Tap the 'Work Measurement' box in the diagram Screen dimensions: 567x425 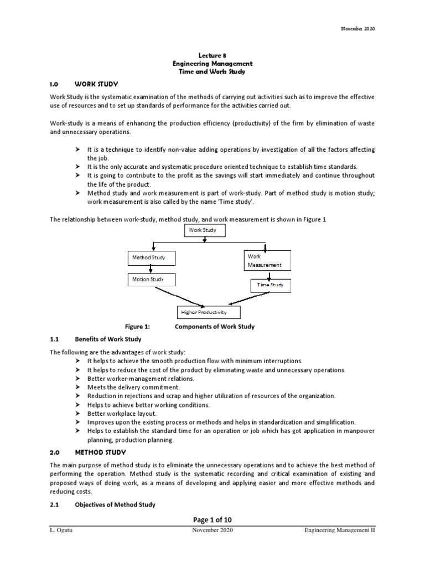266,260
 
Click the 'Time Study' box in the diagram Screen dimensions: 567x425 270,285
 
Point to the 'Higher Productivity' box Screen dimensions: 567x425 201,312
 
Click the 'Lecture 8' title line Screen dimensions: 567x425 212,55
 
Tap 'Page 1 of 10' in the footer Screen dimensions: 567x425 212,519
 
